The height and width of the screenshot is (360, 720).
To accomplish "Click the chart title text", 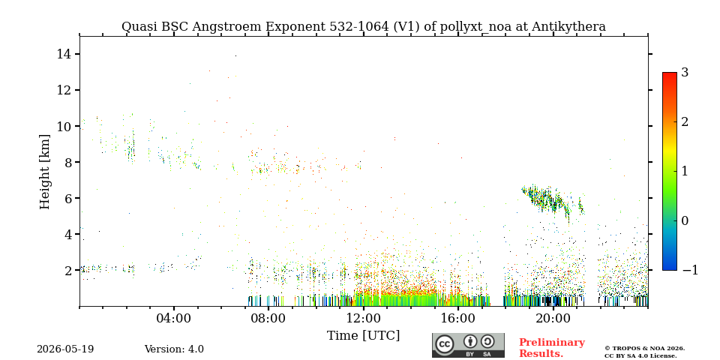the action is pos(363,27).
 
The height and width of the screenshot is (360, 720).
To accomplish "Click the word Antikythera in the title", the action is pos(569,27).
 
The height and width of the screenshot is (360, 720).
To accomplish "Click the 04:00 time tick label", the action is pos(174,318).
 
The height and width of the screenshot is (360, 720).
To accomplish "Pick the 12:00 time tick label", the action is pos(364,318).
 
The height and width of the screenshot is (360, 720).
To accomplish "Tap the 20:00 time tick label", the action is pos(553,318).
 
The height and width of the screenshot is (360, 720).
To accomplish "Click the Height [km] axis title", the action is pos(44,172).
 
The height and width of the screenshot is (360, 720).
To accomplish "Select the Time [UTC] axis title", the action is pos(363,336).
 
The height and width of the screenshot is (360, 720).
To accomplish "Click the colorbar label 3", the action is pos(685,73).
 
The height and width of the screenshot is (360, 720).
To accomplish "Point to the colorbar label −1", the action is pos(690,270).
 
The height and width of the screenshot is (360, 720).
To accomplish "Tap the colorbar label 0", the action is pos(685,220).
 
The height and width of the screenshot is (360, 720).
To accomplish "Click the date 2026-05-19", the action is pos(65,349).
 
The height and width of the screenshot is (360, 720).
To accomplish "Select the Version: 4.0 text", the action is pos(174,349).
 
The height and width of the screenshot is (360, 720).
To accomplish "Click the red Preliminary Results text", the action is pos(552,348).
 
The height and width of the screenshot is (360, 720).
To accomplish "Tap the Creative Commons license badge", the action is pos(468,345).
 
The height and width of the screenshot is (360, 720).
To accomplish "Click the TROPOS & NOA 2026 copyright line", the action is pos(644,349).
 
